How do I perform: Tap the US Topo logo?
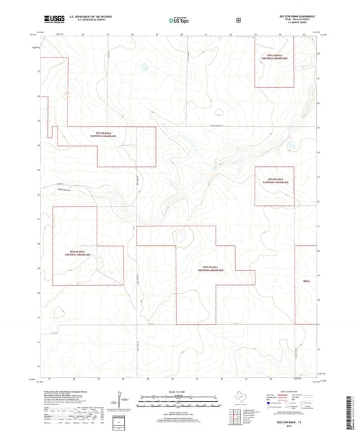pos(179,21)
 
